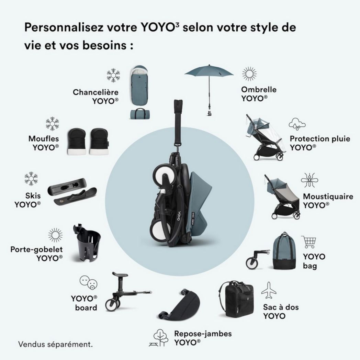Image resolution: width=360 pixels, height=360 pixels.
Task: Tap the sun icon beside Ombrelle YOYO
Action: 249,74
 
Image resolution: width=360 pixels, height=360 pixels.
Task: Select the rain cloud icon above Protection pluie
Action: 297,124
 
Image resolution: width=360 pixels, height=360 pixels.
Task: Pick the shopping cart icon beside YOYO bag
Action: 308,242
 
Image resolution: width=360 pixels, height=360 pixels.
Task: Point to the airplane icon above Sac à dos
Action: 269,290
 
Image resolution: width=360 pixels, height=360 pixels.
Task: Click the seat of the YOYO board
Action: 120,274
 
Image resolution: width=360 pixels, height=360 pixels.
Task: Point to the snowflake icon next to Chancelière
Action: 113,75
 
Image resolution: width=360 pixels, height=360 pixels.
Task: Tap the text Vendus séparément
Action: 55,344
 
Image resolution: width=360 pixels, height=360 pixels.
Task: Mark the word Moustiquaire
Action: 328,196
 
